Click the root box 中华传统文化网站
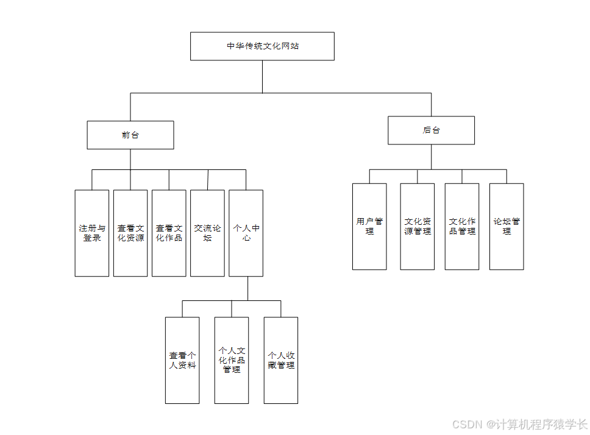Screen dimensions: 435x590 tap(262, 46)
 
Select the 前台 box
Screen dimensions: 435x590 tap(130, 135)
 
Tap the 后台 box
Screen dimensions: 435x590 tap(431, 130)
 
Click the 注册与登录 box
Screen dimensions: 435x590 tap(92, 233)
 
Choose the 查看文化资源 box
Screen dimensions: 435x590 tap(130, 233)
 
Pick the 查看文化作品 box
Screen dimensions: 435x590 tap(169, 233)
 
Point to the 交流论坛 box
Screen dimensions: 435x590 tap(207, 233)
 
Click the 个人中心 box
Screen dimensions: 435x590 tap(246, 233)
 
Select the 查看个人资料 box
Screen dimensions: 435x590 tap(182, 360)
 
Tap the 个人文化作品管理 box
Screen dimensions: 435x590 tap(232, 360)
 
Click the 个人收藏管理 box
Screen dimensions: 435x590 tap(281, 360)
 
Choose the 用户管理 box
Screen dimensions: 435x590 tap(369, 227)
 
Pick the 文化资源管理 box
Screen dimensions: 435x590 tap(418, 227)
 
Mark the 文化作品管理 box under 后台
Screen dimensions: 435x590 tap(462, 227)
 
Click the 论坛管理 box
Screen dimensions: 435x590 tap(506, 227)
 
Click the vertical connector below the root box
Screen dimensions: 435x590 tap(263, 76)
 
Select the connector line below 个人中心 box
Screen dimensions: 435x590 tap(247, 288)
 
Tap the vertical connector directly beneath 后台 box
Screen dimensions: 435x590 tap(431, 157)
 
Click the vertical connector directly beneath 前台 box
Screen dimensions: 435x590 tap(130, 159)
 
